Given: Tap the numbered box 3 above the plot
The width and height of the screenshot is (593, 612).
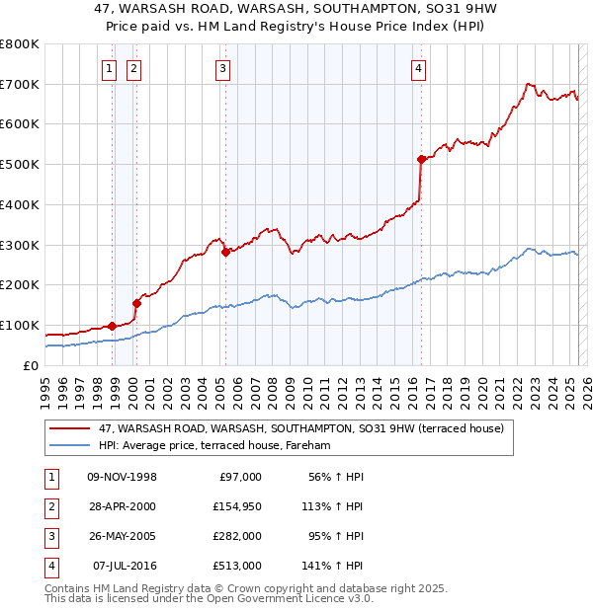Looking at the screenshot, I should point(223,68).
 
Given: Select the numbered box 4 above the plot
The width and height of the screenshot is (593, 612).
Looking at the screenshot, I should point(419,68).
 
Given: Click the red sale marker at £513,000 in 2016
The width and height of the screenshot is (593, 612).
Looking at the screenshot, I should point(421,158).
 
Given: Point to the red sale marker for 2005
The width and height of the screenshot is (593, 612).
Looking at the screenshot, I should point(225,252).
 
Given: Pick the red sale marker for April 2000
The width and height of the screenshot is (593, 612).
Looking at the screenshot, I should point(136,303).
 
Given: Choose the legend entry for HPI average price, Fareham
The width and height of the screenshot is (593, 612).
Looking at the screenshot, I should point(213,446).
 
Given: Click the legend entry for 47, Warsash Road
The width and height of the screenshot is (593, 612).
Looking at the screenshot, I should point(301,428).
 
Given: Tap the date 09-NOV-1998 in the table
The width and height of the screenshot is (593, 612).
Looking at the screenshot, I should point(123,477).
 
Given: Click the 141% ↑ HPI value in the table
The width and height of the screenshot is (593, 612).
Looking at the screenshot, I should point(333,566).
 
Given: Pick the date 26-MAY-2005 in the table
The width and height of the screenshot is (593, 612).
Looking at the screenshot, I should point(123,536).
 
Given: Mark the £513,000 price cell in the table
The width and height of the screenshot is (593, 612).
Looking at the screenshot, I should point(238,566).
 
